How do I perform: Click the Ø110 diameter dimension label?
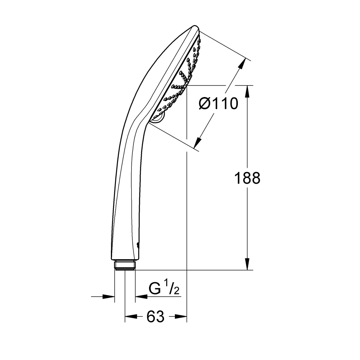(218, 104)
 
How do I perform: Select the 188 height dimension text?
(247, 178)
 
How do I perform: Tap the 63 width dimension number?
(155, 317)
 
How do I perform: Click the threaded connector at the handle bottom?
(125, 265)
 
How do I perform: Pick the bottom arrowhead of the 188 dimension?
(247, 264)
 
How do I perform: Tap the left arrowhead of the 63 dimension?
(131, 317)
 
